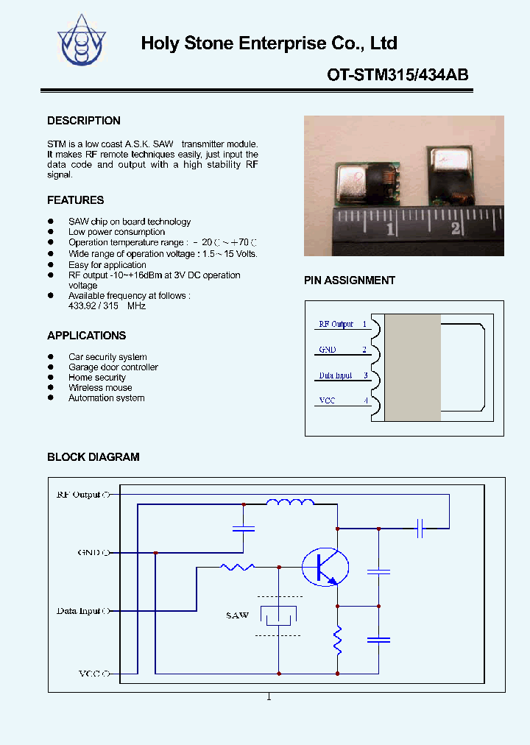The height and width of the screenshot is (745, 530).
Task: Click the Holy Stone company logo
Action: (82, 42)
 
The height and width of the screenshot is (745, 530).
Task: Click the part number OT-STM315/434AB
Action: (397, 74)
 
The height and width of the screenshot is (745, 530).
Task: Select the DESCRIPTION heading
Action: (84, 121)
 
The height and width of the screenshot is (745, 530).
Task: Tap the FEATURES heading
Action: (75, 200)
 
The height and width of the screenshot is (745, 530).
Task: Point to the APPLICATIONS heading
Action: (86, 336)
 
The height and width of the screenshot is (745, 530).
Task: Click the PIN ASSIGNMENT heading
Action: (350, 280)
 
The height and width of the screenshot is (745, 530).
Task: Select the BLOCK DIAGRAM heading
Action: (93, 457)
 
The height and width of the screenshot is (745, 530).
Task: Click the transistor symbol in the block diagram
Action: (325, 566)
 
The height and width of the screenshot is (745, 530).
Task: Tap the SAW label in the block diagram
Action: (237, 615)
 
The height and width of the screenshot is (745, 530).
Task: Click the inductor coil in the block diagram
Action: (289, 503)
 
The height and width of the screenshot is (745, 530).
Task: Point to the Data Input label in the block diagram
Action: (80, 611)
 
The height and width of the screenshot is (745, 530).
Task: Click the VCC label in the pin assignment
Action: (327, 400)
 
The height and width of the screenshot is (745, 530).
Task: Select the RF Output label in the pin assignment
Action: (336, 324)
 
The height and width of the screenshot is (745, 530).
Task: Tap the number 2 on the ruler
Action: (456, 228)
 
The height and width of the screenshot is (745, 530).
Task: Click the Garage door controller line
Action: (113, 367)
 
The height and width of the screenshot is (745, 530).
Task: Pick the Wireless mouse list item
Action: (100, 388)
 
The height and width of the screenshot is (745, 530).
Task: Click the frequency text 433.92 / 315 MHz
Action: (107, 306)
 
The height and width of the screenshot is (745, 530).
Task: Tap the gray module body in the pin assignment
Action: (412, 368)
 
